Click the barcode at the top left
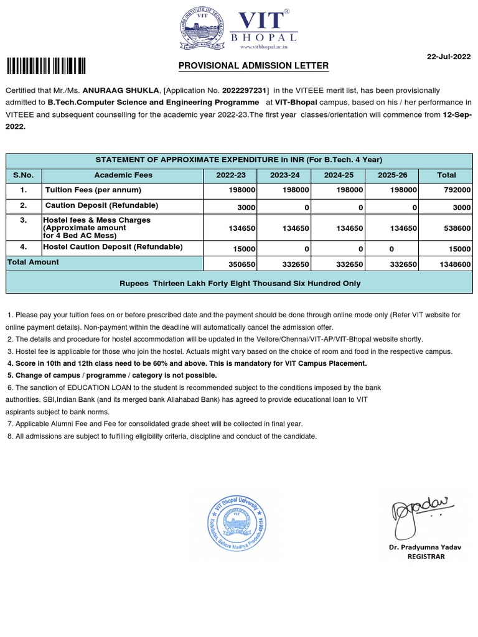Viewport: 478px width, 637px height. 46,66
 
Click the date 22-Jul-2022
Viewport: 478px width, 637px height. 449,57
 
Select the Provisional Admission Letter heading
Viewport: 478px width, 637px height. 253,66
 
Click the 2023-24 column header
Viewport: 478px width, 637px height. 284,175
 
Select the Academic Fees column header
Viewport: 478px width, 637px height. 123,175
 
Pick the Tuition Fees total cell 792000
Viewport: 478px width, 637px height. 457,190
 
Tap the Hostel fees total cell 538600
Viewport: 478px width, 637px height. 457,228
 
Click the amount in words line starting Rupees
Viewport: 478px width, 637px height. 240,283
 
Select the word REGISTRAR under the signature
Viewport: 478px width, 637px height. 426,557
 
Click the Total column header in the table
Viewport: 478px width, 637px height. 446,175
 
